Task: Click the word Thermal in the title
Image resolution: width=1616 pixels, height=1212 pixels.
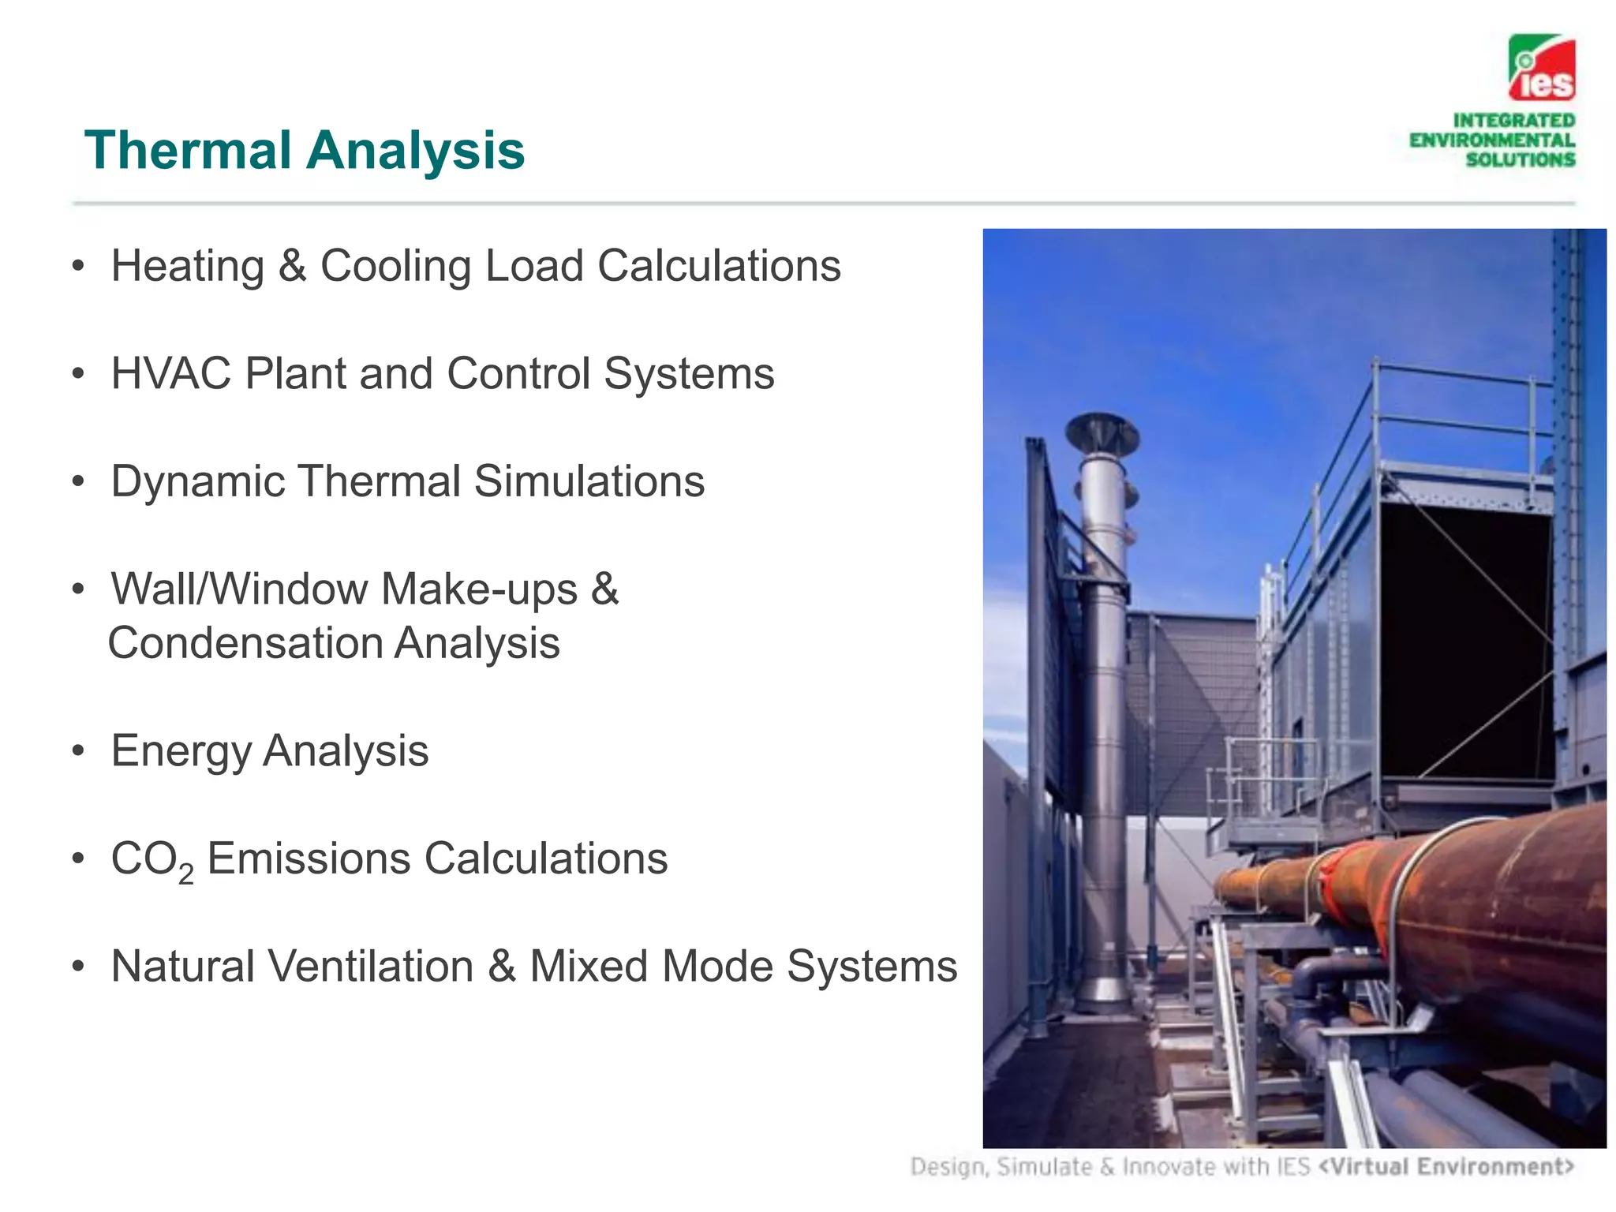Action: tap(188, 150)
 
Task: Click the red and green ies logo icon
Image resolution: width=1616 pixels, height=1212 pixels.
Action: tap(1541, 68)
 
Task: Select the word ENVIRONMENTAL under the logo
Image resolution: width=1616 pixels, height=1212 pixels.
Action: tap(1491, 140)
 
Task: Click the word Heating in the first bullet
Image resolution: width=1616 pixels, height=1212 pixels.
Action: tap(187, 266)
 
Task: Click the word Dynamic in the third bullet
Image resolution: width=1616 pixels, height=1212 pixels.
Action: tap(197, 481)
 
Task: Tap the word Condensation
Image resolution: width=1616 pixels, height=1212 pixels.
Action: tap(244, 643)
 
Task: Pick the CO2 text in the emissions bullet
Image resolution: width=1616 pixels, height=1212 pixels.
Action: tap(151, 859)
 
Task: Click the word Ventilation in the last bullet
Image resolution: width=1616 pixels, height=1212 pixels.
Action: tap(370, 966)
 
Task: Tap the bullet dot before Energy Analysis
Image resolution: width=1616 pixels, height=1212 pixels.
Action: tap(77, 751)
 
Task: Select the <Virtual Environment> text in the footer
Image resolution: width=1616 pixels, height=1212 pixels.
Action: tap(1446, 1166)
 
